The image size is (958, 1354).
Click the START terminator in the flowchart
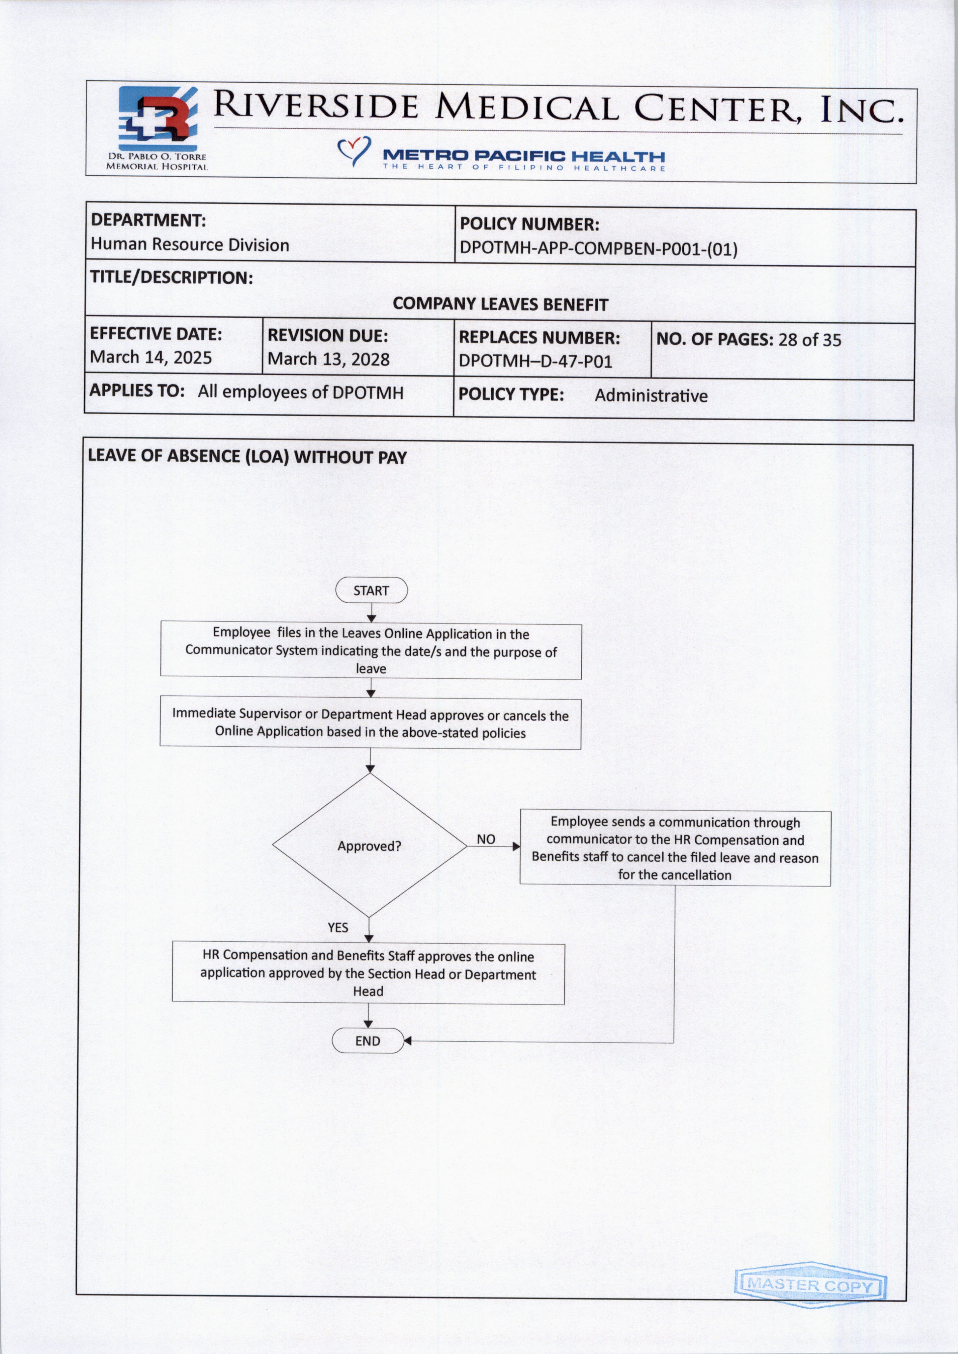pos(371,590)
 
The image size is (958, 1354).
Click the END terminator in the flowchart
pos(367,1041)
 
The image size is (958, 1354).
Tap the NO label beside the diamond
pos(486,839)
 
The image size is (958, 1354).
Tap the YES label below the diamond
pos(338,928)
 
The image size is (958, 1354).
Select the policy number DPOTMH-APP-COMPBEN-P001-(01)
pos(598,249)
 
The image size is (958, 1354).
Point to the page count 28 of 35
pos(809,340)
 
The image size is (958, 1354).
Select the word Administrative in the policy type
pos(651,396)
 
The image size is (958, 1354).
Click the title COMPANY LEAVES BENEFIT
pos(500,304)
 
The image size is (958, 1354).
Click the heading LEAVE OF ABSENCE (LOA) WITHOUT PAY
pos(247,457)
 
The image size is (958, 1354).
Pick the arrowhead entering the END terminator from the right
pos(407,1041)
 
